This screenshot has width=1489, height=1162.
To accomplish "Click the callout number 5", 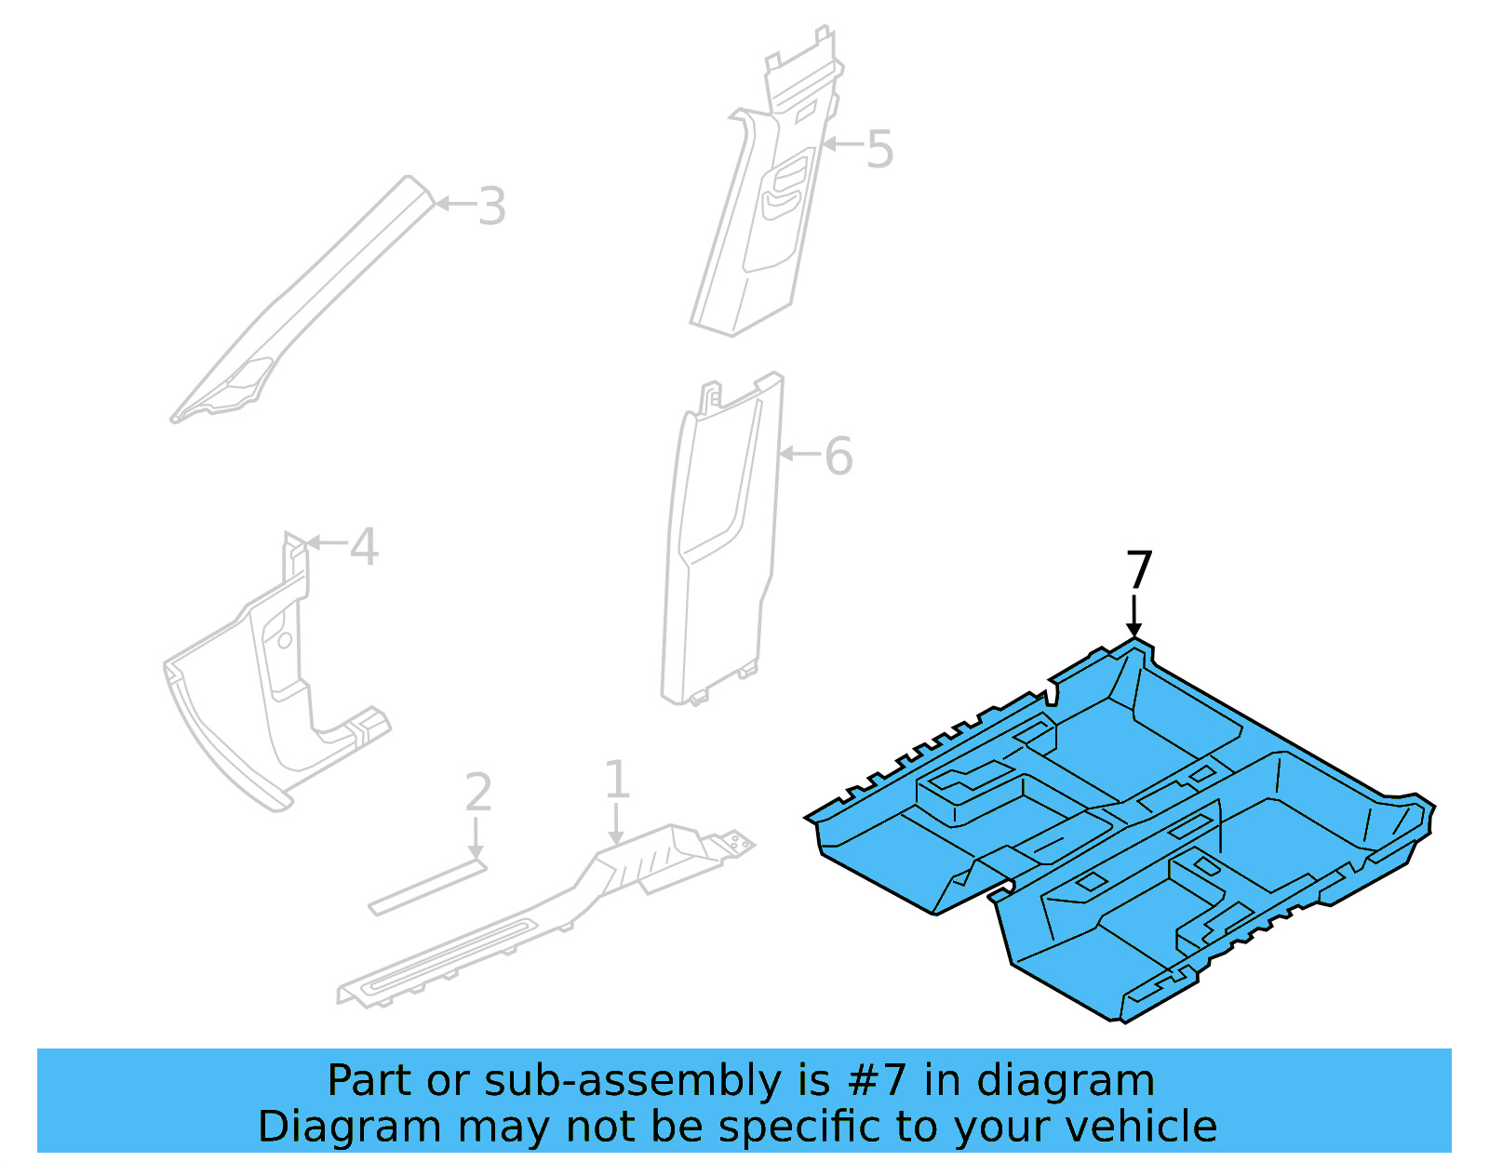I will [x=879, y=150].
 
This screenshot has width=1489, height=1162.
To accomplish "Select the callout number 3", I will [x=492, y=207].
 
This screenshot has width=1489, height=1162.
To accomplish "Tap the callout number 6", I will [x=838, y=457].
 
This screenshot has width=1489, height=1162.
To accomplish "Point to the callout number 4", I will [x=364, y=547].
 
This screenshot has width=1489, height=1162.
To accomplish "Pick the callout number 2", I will [x=477, y=793].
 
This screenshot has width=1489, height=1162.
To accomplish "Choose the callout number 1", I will [x=617, y=780].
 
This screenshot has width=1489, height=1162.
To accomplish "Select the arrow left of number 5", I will [x=841, y=144].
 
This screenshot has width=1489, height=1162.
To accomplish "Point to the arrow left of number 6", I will [x=798, y=454].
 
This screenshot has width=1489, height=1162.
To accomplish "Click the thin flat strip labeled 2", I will [x=428, y=888].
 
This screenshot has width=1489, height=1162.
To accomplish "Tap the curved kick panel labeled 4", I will [x=251, y=707].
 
